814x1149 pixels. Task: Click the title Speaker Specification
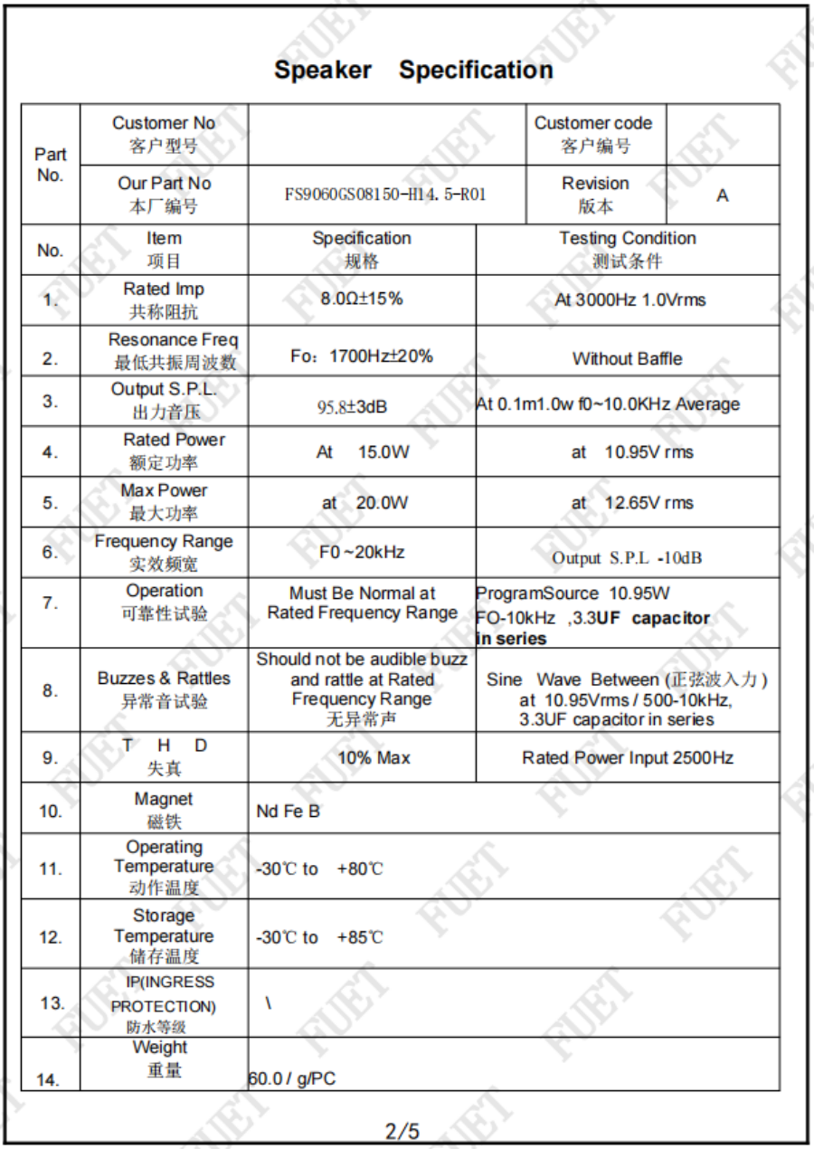[413, 71]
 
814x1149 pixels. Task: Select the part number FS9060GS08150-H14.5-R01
[383, 195]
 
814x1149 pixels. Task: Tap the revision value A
[722, 195]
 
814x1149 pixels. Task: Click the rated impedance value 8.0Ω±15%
[362, 299]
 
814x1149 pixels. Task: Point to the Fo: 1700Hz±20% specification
[362, 356]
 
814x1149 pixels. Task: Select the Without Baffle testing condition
[627, 359]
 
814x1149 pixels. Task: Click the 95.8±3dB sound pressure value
[352, 407]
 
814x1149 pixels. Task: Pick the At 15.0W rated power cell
[362, 452]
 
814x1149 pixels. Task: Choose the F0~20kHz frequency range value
[362, 552]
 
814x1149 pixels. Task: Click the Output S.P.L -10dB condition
[627, 558]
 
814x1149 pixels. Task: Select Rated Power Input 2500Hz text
[627, 758]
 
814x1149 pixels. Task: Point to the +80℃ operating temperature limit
[359, 869]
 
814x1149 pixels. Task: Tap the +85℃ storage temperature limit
[359, 938]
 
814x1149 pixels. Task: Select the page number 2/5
[402, 1131]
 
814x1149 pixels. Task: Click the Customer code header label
[593, 123]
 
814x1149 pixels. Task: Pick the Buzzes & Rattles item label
[164, 679]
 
